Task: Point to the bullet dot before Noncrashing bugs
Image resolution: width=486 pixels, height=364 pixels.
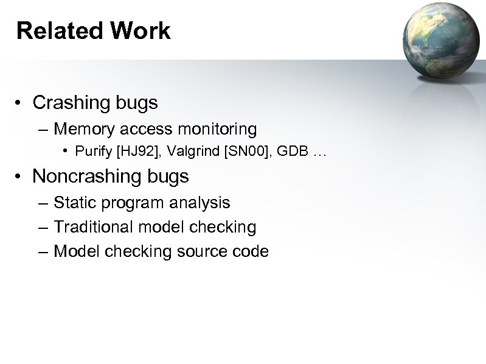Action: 20,177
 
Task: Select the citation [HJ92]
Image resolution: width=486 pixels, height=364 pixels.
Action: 128,150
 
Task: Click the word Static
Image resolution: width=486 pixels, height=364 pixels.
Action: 72,203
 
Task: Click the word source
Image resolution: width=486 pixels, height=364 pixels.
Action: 199,251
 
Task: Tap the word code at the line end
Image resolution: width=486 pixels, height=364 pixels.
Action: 251,251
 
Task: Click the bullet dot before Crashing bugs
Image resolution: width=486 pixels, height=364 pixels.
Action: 20,103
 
